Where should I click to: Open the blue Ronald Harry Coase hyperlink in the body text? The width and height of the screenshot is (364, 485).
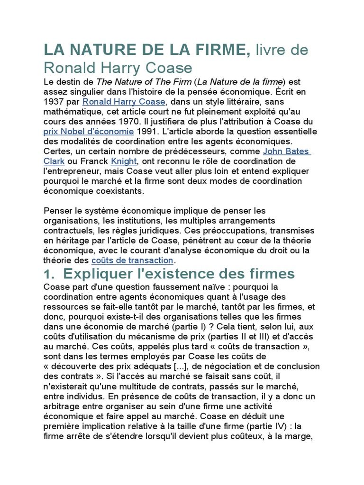pos(124,101)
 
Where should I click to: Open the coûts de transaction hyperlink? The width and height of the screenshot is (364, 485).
pos(132,260)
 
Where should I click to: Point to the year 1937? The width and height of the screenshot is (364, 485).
pos(53,101)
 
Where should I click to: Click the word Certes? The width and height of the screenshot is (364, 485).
pos(57,151)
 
